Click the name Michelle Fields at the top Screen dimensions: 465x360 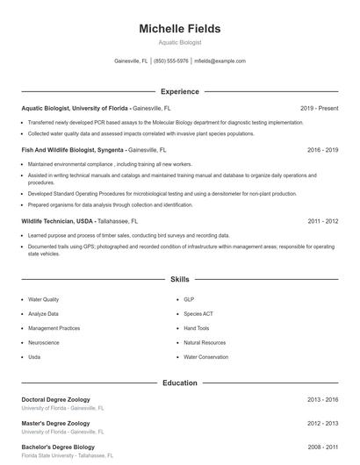[x=179, y=29]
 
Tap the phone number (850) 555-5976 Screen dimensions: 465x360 [x=171, y=61]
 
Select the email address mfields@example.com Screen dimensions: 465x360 [x=220, y=61]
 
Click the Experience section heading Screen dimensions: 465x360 [x=179, y=91]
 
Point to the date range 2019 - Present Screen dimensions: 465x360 [x=319, y=108]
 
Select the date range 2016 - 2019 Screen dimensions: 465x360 [x=322, y=150]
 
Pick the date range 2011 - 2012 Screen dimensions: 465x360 [x=322, y=222]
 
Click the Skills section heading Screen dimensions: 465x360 [x=179, y=279]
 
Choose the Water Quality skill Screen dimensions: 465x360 [x=44, y=299]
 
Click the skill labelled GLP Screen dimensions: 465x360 [x=189, y=299]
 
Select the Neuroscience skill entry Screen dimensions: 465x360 [x=44, y=342]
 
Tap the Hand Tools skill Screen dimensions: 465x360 [x=197, y=328]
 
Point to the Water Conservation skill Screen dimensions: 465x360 [x=205, y=357]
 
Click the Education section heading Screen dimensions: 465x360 [x=179, y=383]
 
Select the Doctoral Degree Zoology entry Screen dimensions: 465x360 [x=55, y=399]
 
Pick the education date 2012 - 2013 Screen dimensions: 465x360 [x=322, y=423]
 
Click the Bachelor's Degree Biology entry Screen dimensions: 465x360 [x=58, y=447]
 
